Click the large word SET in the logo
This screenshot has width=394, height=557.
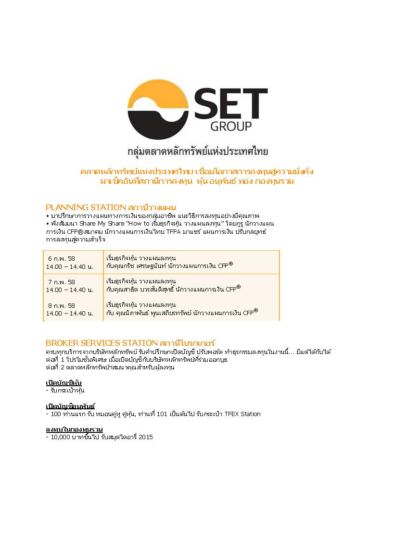(231, 103)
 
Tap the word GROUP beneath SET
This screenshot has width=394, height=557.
(231, 127)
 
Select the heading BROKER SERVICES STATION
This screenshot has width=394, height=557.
(101, 343)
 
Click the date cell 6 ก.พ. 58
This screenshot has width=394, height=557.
(61, 258)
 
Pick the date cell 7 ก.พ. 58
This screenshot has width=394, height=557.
(61, 282)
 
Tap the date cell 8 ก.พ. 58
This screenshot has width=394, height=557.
(61, 305)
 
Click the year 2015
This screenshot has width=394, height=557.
(145, 437)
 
